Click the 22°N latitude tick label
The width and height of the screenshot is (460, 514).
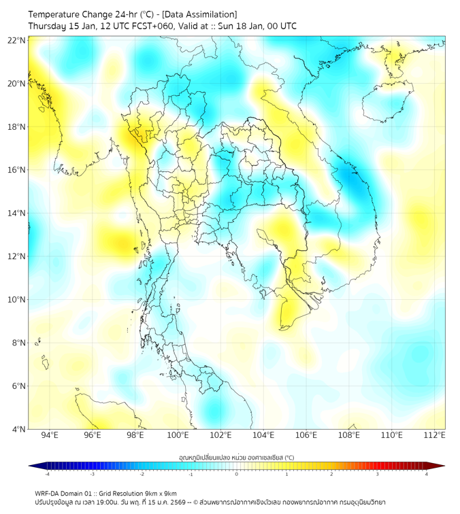click(17, 40)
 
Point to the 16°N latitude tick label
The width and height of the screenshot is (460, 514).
click(17, 170)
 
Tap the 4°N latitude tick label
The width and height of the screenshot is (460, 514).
click(19, 429)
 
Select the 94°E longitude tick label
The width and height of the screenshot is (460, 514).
click(50, 435)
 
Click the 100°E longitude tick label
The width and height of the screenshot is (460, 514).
click(178, 435)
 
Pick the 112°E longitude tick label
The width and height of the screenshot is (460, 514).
click(434, 435)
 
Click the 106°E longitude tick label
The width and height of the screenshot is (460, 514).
click(306, 435)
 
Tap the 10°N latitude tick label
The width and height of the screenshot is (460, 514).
click(17, 300)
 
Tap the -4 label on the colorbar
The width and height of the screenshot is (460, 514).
click(47, 474)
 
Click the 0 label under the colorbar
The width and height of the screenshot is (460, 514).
click(237, 474)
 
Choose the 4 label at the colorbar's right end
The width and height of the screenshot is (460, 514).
click(426, 474)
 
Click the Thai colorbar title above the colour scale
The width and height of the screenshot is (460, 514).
click(236, 457)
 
